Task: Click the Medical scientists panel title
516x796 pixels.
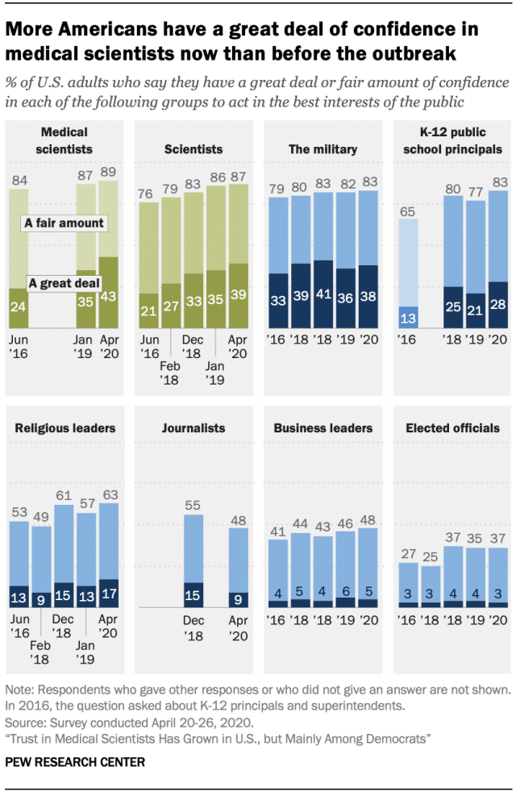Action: coord(65,140)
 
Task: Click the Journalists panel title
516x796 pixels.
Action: coord(193,428)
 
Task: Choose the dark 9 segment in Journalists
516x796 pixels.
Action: coord(238,598)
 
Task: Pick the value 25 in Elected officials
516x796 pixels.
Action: coord(431,556)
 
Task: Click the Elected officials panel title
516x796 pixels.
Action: coord(452,428)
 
